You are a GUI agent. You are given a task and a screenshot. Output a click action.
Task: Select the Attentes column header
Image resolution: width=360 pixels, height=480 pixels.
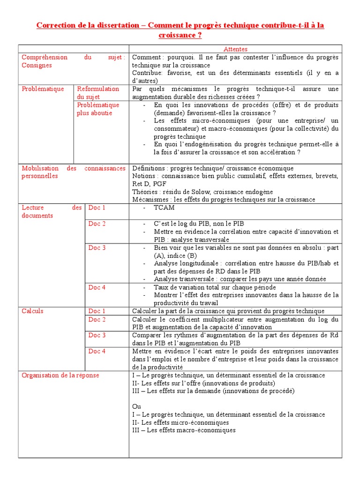click(235, 49)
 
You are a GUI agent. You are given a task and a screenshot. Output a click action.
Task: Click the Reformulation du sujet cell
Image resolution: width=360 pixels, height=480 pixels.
click(98, 93)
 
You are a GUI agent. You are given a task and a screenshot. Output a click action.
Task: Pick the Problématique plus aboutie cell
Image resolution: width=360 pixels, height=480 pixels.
click(98, 109)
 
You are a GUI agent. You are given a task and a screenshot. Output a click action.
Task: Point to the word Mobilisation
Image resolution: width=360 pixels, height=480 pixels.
click(40, 168)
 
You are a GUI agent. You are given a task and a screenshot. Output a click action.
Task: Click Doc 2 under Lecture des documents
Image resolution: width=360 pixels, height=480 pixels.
click(97, 224)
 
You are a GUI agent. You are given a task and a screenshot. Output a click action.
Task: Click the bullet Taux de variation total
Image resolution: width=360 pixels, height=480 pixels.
click(215, 287)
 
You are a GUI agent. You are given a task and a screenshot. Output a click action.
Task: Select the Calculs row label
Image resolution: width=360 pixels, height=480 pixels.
click(32, 311)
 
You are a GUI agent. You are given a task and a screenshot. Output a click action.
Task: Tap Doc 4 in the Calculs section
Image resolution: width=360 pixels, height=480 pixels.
click(97, 351)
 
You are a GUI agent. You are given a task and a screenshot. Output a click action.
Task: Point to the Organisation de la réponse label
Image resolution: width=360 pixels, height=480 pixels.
click(60, 375)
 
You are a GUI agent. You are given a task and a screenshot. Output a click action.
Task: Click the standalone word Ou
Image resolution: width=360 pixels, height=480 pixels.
click(136, 407)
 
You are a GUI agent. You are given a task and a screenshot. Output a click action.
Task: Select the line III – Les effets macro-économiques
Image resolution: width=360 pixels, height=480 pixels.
click(184, 430)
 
